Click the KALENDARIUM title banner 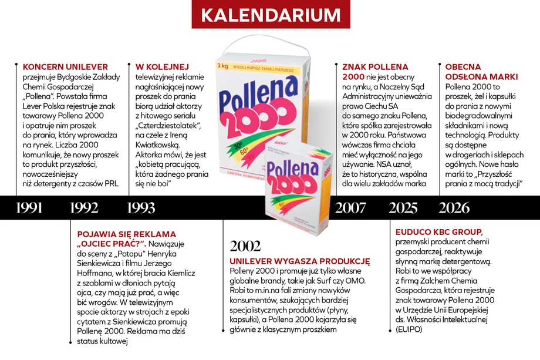click(x=270, y=15)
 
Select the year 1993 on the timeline click(x=141, y=207)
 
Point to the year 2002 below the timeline click(x=245, y=245)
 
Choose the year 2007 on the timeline click(x=350, y=207)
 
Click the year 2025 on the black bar click(x=403, y=207)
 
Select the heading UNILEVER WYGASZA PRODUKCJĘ click(x=300, y=260)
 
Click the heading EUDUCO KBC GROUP click(x=438, y=231)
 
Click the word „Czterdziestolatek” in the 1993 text click(x=168, y=126)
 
